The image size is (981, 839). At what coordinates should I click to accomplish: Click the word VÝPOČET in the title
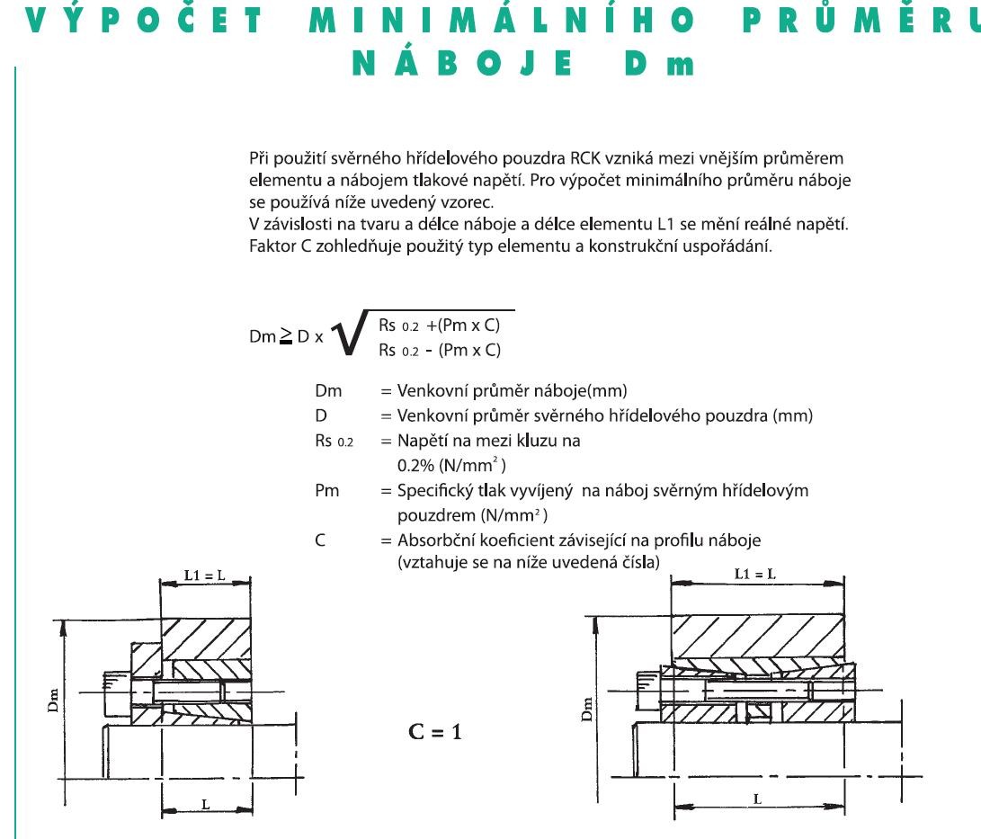click(144, 20)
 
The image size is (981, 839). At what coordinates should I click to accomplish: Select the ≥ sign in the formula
click(286, 336)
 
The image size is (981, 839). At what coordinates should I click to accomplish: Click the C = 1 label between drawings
click(435, 731)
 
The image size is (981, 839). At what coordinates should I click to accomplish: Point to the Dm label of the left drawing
click(53, 701)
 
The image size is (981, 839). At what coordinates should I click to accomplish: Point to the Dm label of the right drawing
click(586, 709)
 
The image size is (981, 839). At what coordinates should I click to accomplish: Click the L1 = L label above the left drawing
click(205, 575)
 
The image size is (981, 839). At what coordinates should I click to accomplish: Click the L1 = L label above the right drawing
click(754, 574)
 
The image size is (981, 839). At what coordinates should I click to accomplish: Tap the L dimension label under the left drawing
click(206, 805)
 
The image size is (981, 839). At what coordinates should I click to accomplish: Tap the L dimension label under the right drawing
click(757, 799)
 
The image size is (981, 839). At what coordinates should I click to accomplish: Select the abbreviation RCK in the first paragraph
click(585, 158)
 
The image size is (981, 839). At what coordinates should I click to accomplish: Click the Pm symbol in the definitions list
click(326, 490)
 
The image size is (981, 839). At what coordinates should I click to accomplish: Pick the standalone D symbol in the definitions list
click(320, 416)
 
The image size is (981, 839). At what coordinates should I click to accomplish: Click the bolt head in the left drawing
click(117, 694)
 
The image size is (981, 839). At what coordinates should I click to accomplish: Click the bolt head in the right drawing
click(649, 691)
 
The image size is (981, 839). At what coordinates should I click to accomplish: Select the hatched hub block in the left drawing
click(206, 638)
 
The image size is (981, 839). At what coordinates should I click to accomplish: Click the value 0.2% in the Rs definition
click(415, 466)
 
